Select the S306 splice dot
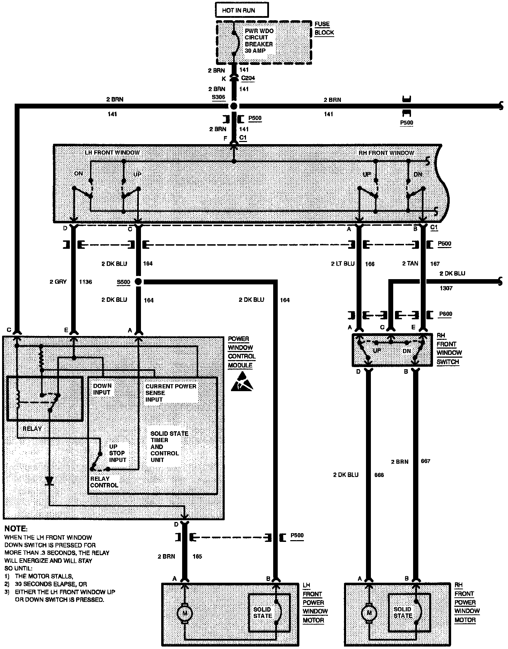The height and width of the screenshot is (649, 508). pyautogui.click(x=233, y=106)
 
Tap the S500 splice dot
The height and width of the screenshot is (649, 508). pyautogui.click(x=138, y=282)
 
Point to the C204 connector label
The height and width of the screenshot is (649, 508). pyautogui.click(x=248, y=78)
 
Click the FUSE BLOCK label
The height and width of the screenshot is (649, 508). pyautogui.click(x=324, y=28)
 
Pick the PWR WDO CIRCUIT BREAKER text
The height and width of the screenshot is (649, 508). pyautogui.click(x=259, y=40)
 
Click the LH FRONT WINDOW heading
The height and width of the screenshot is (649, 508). pyautogui.click(x=112, y=152)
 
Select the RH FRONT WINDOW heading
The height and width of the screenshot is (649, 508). pyautogui.click(x=386, y=153)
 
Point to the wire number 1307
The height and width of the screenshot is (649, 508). pyautogui.click(x=446, y=288)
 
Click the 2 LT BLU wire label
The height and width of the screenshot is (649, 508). pyautogui.click(x=343, y=264)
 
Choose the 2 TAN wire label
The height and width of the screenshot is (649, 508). pyautogui.click(x=410, y=263)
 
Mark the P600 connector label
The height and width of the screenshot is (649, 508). pyautogui.click(x=445, y=314)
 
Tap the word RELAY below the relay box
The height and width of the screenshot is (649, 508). pyautogui.click(x=32, y=428)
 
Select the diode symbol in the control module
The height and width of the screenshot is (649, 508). pyautogui.click(x=50, y=481)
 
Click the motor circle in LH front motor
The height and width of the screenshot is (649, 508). pyautogui.click(x=185, y=613)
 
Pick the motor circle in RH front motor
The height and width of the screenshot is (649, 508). pyautogui.click(x=368, y=613)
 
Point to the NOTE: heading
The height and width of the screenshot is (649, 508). pyautogui.click(x=16, y=529)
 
